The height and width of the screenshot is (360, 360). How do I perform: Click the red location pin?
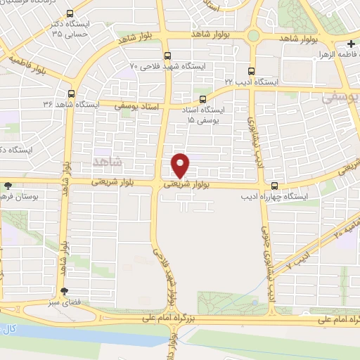pos(181,165)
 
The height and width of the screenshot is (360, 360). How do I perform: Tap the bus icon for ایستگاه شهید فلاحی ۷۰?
pos(167,56)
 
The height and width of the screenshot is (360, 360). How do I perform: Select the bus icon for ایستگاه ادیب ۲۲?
pos(251,70)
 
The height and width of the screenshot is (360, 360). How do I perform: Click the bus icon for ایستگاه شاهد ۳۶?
pos(72,93)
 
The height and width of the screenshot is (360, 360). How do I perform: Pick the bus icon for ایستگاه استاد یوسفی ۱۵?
pos(202,99)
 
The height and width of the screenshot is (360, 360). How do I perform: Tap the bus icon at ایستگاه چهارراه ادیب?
pos(274,186)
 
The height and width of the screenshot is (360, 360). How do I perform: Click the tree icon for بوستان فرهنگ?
pos(8,186)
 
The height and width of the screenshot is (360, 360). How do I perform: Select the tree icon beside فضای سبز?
pos(65,291)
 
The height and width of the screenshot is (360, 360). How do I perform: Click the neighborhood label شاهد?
pos(108,162)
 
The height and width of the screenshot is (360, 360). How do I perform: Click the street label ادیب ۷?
pos(298,261)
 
